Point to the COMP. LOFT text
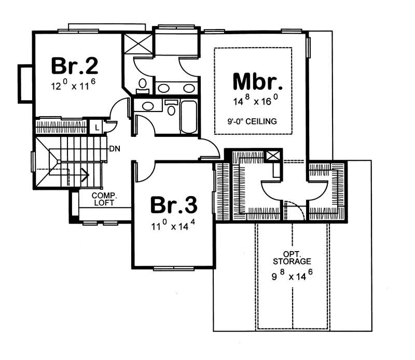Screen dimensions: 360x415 tap(104, 199)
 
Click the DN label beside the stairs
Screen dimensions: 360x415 tap(115, 149)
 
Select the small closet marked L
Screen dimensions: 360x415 tap(96, 127)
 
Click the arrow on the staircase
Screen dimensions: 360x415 tap(83, 174)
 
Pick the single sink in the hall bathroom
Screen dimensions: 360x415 tap(148, 106)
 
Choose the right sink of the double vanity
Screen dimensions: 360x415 tap(189, 88)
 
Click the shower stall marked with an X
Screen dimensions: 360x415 tap(138, 43)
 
